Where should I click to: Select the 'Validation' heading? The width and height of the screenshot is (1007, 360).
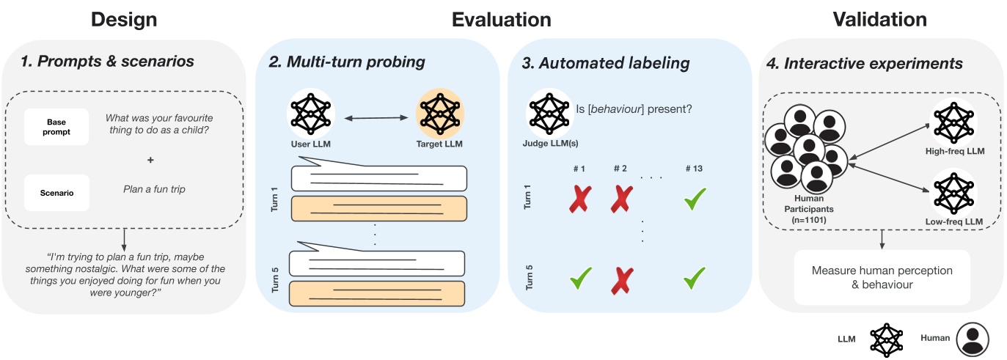point(879,19)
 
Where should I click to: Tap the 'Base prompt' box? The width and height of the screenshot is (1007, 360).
point(56,126)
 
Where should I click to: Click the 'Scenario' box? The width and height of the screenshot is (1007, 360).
point(56,193)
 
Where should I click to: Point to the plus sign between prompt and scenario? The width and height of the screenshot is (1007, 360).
point(151,160)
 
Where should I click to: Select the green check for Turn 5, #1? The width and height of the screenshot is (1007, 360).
point(581,279)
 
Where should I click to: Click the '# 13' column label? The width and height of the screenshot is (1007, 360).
point(694,169)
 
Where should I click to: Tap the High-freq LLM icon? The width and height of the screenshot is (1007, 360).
point(954,123)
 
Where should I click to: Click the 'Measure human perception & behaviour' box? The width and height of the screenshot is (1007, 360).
point(882,277)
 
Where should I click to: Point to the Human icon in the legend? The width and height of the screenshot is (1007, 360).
point(973,338)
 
